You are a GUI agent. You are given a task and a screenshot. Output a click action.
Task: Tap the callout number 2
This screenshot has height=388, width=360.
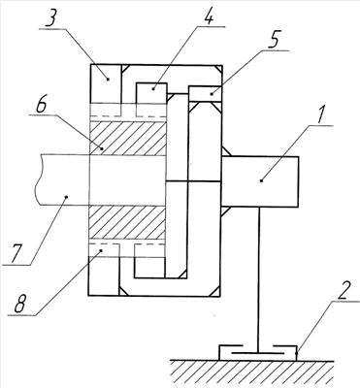[x=344, y=292]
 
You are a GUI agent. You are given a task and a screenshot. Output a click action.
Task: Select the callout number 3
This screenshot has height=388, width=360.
[x=52, y=19]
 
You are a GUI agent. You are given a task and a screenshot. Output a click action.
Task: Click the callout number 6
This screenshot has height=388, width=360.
[x=41, y=105]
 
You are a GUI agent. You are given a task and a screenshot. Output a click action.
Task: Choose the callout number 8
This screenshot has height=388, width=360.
[x=19, y=304]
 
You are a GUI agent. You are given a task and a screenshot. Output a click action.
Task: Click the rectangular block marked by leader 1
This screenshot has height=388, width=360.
[x=260, y=181]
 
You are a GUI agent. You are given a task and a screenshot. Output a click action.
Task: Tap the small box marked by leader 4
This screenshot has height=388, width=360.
[x=152, y=93]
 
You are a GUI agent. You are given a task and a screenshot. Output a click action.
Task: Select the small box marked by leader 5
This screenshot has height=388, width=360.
[x=205, y=94]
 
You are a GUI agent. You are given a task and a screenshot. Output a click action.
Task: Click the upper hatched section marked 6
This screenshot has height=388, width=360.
[x=127, y=138]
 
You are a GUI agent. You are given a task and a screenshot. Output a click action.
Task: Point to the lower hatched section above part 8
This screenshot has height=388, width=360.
[x=127, y=223]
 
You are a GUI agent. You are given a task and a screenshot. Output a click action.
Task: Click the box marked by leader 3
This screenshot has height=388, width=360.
[x=106, y=84]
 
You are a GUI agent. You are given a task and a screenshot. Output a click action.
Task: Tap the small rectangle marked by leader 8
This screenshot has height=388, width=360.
[x=104, y=250]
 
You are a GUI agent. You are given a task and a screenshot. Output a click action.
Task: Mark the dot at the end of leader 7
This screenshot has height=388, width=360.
[x=67, y=196]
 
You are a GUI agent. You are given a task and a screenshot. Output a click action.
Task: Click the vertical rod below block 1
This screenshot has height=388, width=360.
[x=259, y=279]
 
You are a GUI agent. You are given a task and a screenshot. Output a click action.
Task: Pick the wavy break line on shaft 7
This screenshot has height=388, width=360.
[x=39, y=179]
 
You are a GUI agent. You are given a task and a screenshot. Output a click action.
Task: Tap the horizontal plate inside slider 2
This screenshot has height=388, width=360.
[x=257, y=353]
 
